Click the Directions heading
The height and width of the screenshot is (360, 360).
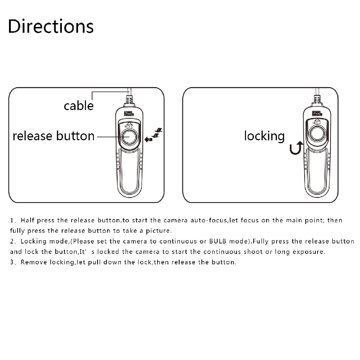[51, 26]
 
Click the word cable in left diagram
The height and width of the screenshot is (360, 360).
[78, 105]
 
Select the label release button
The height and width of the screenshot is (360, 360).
[54, 136]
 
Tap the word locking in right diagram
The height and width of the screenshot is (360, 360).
[264, 136]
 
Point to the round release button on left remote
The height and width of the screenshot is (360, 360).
[128, 137]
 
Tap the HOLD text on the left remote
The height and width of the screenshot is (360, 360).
[129, 126]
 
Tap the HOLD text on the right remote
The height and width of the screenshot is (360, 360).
[316, 123]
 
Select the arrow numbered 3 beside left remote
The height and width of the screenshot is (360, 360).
[148, 139]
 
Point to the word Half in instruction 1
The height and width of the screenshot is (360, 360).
[28, 220]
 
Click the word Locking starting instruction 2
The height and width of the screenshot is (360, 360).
[33, 241]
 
